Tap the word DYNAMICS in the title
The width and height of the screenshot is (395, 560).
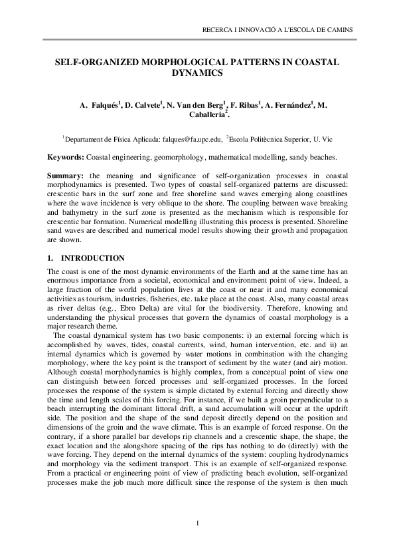pos(197,72)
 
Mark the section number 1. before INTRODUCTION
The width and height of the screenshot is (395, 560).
pos(50,257)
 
